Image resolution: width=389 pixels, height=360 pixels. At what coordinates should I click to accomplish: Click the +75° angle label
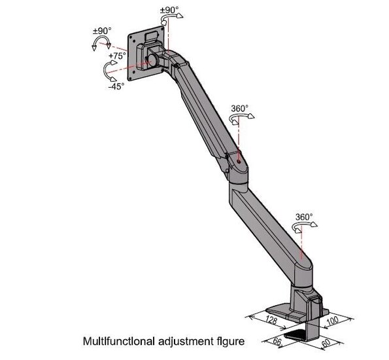coord(116,56)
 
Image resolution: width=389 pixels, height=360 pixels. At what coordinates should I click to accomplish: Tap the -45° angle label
coord(116,86)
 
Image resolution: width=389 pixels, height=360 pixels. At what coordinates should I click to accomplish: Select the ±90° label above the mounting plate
coord(169,10)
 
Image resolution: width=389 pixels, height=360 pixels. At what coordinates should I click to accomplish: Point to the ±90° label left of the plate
coord(102,31)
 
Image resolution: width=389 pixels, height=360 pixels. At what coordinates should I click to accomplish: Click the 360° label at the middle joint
coord(240,108)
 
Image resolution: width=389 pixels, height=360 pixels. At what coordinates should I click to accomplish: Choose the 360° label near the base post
coord(304,217)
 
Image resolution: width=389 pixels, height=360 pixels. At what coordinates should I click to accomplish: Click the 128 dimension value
coord(271,320)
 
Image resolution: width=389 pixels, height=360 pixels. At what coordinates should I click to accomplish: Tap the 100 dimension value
coord(332,320)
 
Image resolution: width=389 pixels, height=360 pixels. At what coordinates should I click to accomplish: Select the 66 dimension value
coord(277,342)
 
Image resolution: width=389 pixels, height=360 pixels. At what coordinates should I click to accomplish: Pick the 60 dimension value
coord(326,343)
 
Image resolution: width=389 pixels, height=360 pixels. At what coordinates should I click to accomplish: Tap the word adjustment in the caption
coord(184,342)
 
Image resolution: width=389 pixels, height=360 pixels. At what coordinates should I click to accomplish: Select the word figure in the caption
coord(229,342)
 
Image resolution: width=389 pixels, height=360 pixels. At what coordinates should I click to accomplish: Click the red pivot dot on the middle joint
coord(239,162)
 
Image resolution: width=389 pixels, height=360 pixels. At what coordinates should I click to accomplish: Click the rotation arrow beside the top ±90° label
coord(171,18)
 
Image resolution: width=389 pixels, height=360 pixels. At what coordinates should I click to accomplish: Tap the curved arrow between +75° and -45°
coord(105,71)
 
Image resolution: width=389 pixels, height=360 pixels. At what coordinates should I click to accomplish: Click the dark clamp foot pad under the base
coord(296,334)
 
